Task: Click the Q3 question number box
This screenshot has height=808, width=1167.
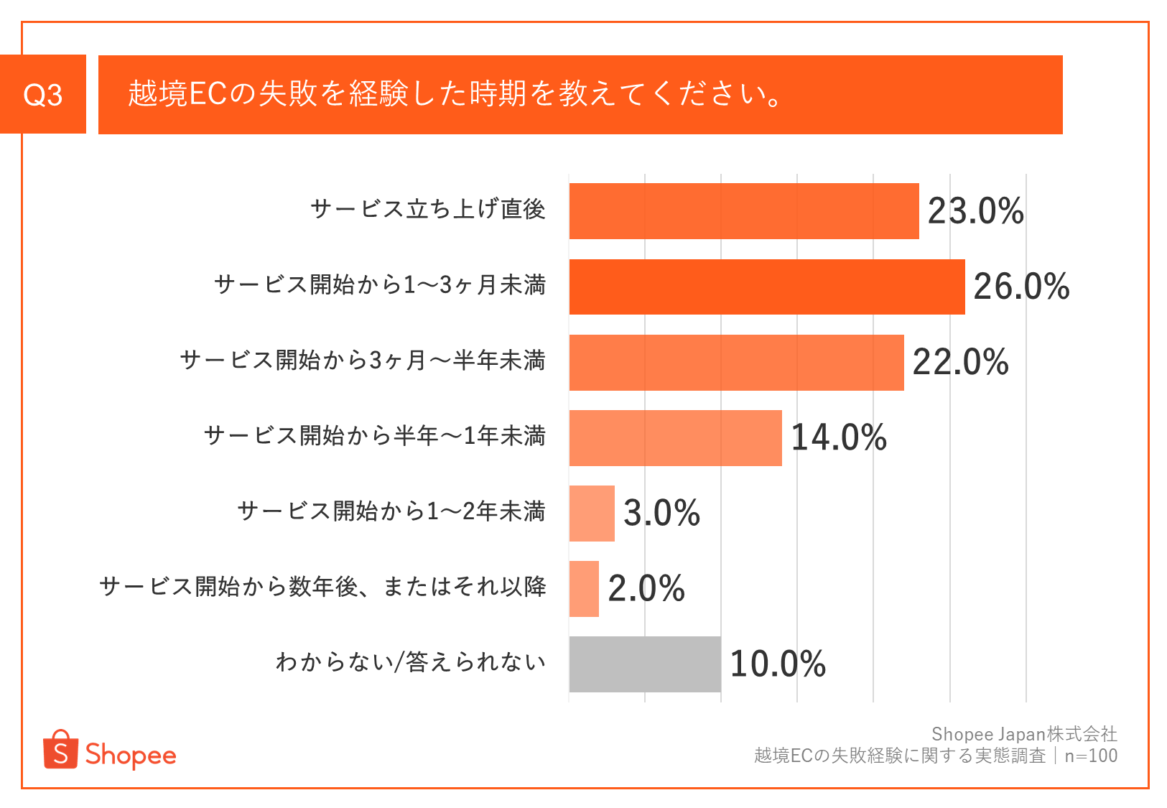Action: (42, 94)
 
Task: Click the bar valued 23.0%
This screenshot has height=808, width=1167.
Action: (744, 211)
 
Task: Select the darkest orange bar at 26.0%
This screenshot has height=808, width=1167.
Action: (767, 287)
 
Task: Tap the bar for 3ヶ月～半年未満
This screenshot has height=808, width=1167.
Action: (737, 362)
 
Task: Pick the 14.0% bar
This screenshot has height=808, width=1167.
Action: (676, 437)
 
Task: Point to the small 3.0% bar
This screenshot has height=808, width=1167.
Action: (592, 513)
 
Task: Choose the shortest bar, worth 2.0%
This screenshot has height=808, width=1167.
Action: (584, 589)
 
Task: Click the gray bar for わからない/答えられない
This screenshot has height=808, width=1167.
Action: (645, 664)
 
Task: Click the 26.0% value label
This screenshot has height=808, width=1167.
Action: (1021, 287)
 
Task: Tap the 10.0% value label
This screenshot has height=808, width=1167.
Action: (778, 664)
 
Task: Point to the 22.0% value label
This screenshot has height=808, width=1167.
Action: (961, 362)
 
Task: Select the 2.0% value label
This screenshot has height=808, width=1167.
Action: (646, 589)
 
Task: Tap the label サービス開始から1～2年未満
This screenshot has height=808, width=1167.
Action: (392, 511)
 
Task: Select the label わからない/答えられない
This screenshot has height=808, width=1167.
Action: (411, 662)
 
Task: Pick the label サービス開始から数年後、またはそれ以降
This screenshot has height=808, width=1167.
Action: (323, 587)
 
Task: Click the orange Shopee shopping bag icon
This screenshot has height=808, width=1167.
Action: (60, 749)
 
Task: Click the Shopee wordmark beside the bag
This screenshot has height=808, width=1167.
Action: (131, 756)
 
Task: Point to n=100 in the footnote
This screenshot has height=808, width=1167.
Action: (1091, 756)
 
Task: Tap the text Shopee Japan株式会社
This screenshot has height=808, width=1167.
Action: (1024, 734)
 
